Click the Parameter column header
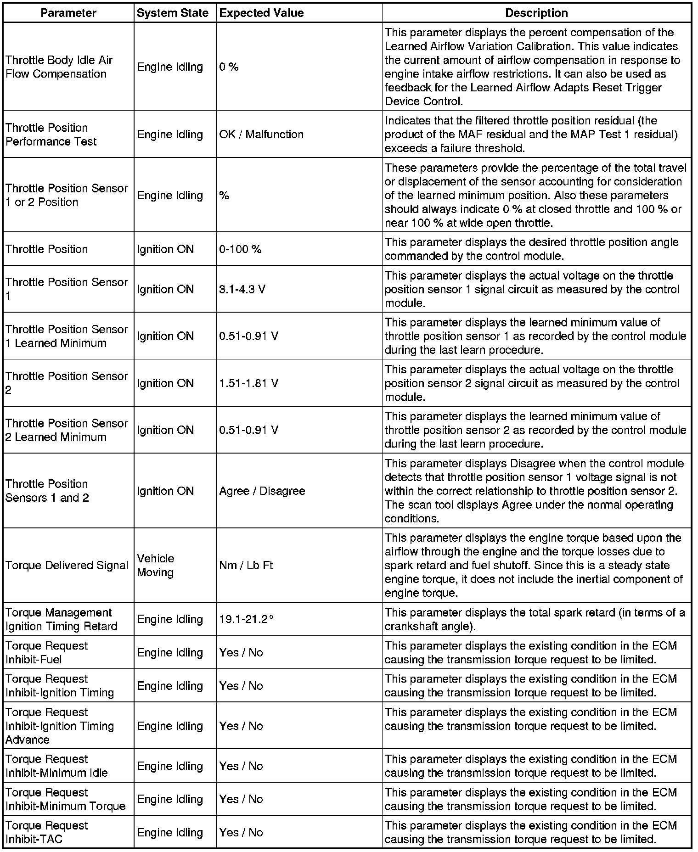pos(68,13)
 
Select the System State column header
pos(173,13)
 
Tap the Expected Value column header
pos(261,13)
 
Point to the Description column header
pos(536,13)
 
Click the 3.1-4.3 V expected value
pos(242,290)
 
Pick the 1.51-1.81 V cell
pos(248,383)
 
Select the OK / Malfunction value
pos(261,135)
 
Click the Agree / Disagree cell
pos(262,491)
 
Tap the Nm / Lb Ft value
pos(246,566)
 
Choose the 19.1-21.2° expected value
pos(246,619)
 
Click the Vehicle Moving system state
pos(156,566)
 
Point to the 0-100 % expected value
pos(240,249)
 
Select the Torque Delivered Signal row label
pos(67,566)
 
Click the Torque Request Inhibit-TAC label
pos(46,832)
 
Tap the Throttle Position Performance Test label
pos(51,135)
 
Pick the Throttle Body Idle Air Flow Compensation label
pos(59,67)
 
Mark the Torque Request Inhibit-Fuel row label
pos(46,653)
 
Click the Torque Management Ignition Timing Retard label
pos(62,619)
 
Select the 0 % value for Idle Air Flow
pos(229,67)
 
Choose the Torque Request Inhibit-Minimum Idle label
pos(56,766)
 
